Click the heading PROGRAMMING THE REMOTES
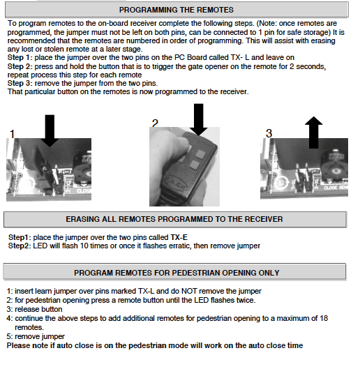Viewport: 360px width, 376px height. click(177, 10)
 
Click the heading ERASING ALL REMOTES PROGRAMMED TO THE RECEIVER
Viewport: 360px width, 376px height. click(174, 219)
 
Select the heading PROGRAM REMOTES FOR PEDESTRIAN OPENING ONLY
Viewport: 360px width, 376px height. click(177, 273)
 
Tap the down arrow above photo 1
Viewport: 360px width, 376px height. click(50, 130)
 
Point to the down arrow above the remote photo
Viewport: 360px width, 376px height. click(198, 120)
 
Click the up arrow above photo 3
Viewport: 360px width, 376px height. click(314, 133)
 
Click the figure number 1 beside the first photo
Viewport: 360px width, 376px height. click(12, 134)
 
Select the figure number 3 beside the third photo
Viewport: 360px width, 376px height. click(269, 133)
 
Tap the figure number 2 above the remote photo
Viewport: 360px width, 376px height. click(155, 123)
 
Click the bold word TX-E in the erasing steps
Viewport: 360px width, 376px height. click(179, 237)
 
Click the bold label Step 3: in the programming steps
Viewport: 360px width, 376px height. click(20, 83)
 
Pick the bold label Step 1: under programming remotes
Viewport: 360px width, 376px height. click(20, 57)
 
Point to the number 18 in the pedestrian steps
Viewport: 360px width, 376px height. click(324, 318)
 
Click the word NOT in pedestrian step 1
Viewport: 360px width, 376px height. click(189, 291)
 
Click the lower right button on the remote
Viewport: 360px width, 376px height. click(195, 165)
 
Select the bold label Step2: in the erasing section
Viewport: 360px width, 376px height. click(20, 246)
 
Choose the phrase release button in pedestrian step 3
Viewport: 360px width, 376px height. click(38, 309)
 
